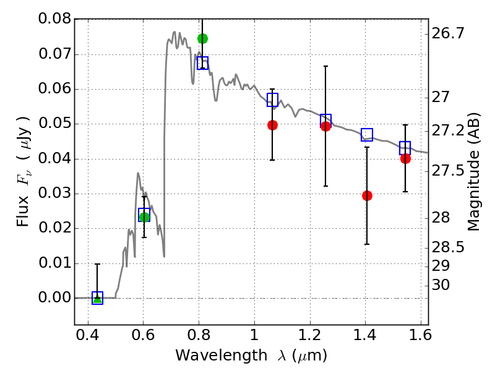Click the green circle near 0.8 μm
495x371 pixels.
(202, 38)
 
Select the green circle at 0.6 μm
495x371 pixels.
(144, 217)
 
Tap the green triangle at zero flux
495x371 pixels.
(97, 298)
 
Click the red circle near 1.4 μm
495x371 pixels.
(367, 195)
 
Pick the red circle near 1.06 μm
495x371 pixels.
(272, 125)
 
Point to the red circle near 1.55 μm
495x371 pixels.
(405, 158)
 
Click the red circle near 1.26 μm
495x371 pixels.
(325, 126)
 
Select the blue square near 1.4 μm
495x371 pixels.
(367, 135)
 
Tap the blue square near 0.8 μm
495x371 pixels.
(202, 63)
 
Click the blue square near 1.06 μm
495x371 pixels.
(272, 100)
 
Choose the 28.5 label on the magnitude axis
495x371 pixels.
(449, 247)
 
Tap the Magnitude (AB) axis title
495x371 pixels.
(475, 171)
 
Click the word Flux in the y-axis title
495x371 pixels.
(23, 197)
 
